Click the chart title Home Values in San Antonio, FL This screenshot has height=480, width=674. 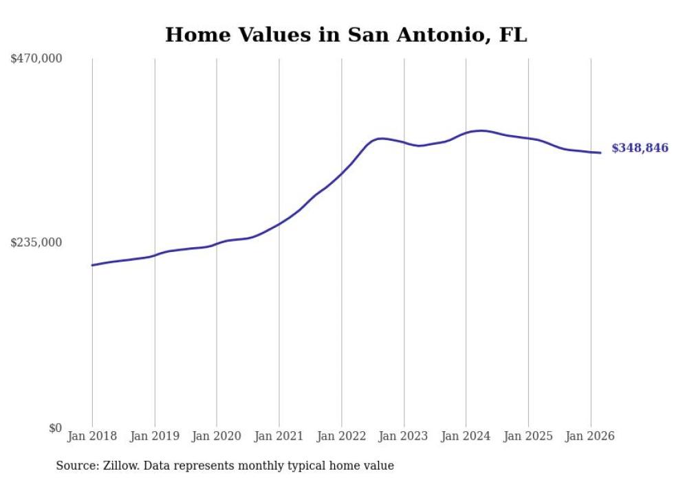tap(346, 35)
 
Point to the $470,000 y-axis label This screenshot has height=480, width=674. tap(36, 59)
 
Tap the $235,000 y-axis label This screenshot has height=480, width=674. tap(36, 242)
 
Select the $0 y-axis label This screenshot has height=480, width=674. tap(55, 428)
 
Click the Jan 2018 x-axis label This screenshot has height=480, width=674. tap(92, 436)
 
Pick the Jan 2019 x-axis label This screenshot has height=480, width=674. tap(155, 436)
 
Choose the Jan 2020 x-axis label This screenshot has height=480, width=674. tap(217, 436)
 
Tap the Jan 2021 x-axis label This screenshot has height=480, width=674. tap(279, 436)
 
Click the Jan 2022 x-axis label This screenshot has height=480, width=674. tap(342, 436)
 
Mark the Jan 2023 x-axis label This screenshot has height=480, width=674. tap(404, 436)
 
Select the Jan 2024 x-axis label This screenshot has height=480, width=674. tap(466, 436)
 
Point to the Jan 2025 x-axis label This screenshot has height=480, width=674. tap(528, 436)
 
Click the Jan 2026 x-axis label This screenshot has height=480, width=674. tap(591, 436)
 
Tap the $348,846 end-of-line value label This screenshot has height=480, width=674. tap(640, 148)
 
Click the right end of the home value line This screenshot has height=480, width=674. tap(601, 152)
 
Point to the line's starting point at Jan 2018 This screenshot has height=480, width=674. tap(92, 265)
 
